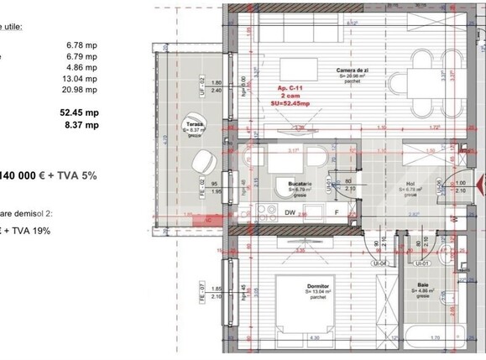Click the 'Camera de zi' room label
tap(350, 70)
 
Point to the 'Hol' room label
tap(410, 186)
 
